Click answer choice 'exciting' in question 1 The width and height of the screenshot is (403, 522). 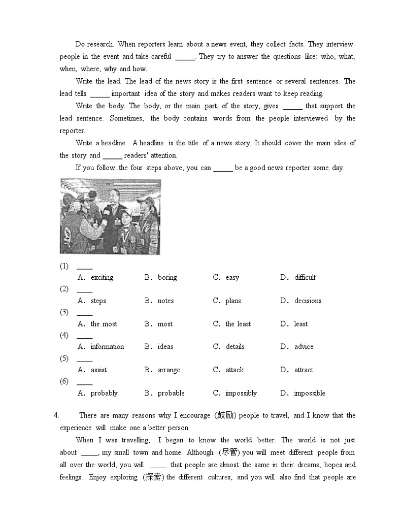(x=102, y=277)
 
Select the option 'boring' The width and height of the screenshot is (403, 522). (x=167, y=277)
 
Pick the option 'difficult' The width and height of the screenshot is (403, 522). (x=305, y=277)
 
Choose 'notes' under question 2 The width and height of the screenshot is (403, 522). (x=165, y=301)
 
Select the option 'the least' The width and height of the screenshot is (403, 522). (x=238, y=324)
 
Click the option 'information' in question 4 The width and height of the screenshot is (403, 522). (x=107, y=347)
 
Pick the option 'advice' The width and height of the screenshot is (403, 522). (x=304, y=347)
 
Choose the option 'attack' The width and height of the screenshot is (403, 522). (x=234, y=370)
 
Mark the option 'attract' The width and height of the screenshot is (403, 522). (x=304, y=370)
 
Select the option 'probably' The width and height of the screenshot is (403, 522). (x=104, y=393)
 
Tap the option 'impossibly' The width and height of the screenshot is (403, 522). (x=241, y=393)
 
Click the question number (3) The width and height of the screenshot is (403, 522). (x=64, y=312)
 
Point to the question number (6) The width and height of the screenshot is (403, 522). (x=64, y=381)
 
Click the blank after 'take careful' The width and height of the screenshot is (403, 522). (x=185, y=57)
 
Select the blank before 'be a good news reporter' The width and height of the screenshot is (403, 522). (x=223, y=168)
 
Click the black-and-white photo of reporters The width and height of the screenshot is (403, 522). (x=110, y=216)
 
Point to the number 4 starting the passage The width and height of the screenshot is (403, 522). (x=56, y=415)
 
